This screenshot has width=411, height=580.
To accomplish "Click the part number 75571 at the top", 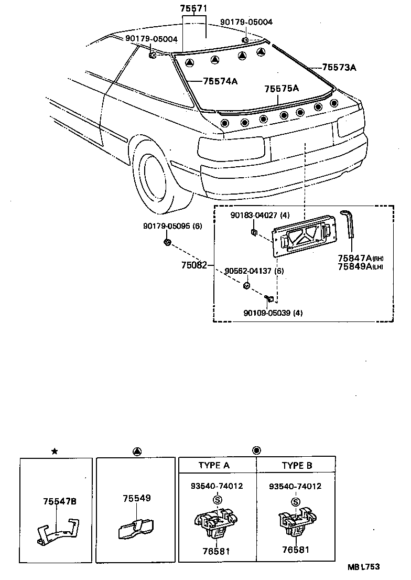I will point(194,9).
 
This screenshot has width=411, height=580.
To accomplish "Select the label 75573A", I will point(339,67).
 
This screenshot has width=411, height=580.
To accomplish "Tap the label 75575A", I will point(281,89).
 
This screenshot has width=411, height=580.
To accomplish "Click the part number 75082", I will point(193,265).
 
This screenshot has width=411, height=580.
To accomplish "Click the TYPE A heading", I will point(217,465).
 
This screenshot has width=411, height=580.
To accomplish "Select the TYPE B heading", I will point(296,465).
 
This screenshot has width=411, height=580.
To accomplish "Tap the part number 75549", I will point(137,498).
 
